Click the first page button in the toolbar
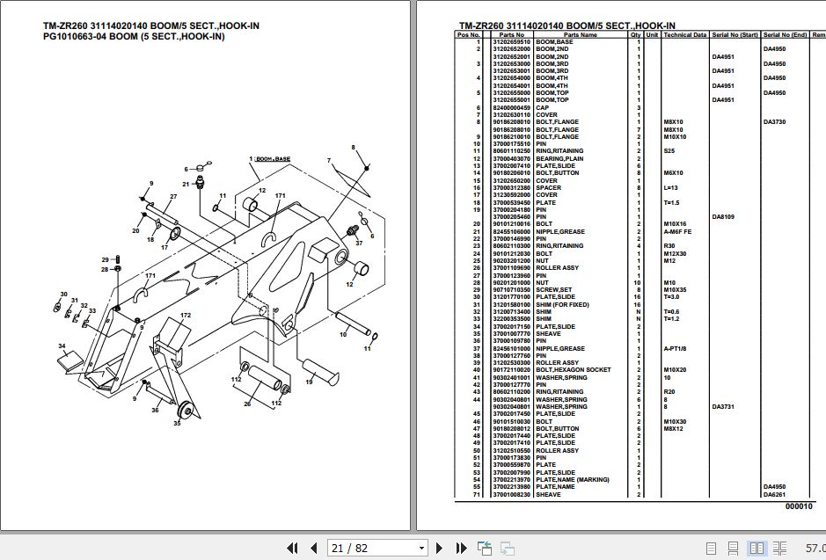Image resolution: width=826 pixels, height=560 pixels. tap(293, 548)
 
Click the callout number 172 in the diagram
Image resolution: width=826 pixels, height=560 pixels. tap(186, 315)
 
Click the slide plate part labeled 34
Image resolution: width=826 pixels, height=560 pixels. tap(70, 360)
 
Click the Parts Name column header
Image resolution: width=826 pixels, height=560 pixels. tap(580, 35)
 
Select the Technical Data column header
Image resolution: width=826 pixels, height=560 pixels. tap(684, 35)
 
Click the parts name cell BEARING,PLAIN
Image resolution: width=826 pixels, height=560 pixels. tap(559, 158)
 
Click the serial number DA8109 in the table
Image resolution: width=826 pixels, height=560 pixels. tap(723, 216)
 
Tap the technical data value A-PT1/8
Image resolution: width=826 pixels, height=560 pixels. tap(678, 348)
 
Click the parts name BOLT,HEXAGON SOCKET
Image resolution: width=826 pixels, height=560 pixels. tap(573, 370)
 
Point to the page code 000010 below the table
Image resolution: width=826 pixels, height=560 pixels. tap(799, 506)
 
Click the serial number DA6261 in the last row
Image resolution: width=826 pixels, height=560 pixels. tap(774, 494)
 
